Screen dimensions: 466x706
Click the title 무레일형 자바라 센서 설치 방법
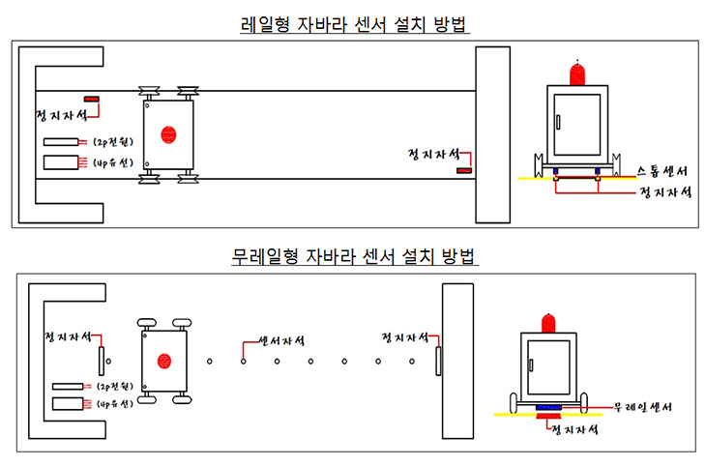tap(354, 258)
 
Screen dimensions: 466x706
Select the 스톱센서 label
tap(662, 172)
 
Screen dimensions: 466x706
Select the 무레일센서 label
tap(642, 407)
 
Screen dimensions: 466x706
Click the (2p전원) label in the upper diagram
tap(113, 142)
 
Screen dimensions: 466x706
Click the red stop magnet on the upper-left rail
tap(93, 99)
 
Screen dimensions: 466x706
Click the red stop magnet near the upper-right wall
tap(465, 170)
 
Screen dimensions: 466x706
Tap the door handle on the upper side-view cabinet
tap(558, 122)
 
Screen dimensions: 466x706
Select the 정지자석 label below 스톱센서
tap(663, 192)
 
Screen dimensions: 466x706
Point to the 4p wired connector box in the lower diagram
tap(70, 401)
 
